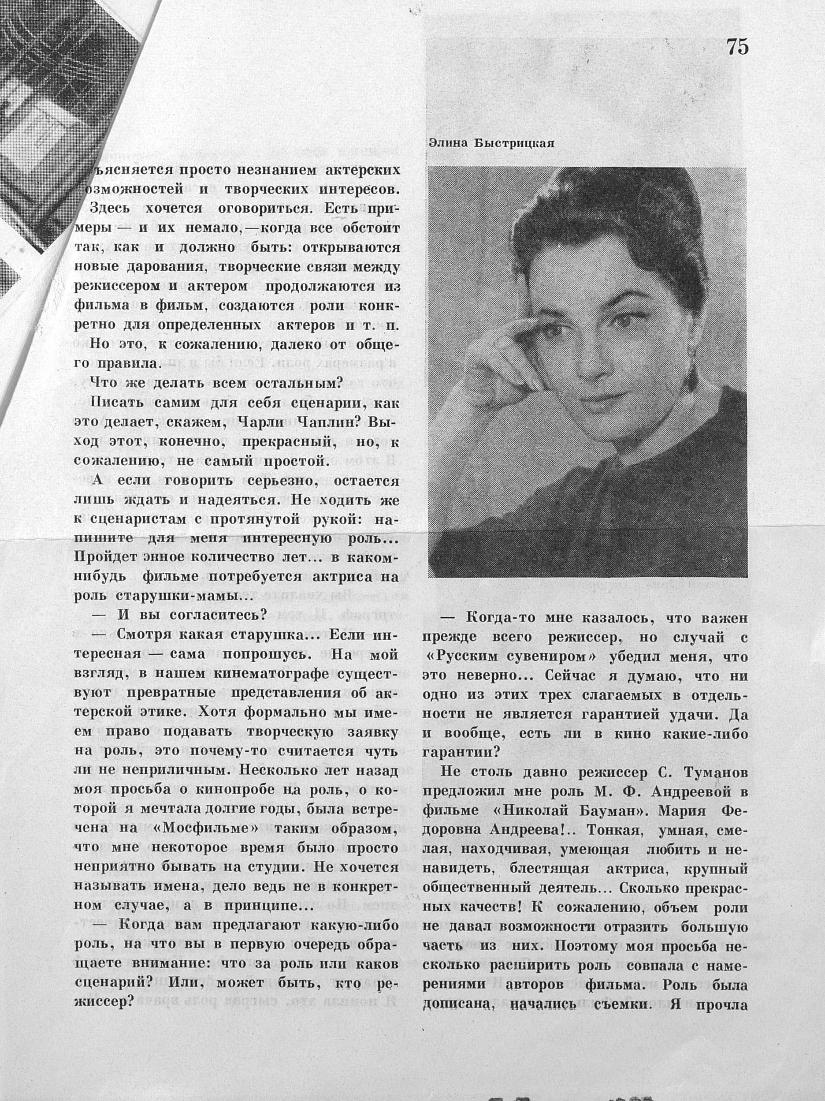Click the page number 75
coord(737,47)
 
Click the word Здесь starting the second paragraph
coord(111,209)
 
